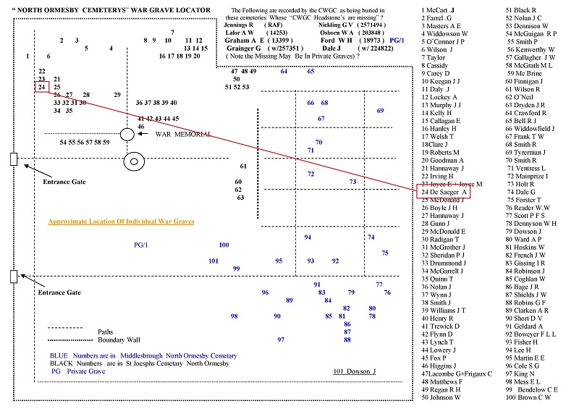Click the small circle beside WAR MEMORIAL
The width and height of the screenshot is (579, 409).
click(127, 134)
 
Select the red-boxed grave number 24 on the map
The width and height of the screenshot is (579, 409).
click(42, 88)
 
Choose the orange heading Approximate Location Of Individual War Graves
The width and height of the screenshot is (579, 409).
click(121, 222)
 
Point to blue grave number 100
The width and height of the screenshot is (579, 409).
click(224, 245)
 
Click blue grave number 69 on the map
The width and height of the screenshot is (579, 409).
click(380, 111)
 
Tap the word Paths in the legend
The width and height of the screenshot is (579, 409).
click(105, 332)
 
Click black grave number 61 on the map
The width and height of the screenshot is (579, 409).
click(244, 166)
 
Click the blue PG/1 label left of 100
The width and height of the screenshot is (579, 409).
click(140, 245)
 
